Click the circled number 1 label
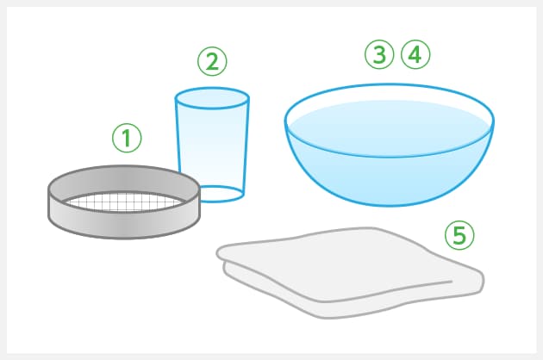[x=127, y=138]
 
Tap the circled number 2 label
[x=212, y=61]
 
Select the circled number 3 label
[x=379, y=54]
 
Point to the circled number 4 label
[x=415, y=54]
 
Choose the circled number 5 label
[x=459, y=235]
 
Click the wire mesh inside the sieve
[x=124, y=202]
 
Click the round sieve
[x=124, y=202]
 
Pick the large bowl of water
[x=390, y=145]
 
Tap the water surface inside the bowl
[x=390, y=128]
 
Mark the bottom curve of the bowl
[x=390, y=205]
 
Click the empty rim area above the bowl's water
[x=390, y=93]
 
